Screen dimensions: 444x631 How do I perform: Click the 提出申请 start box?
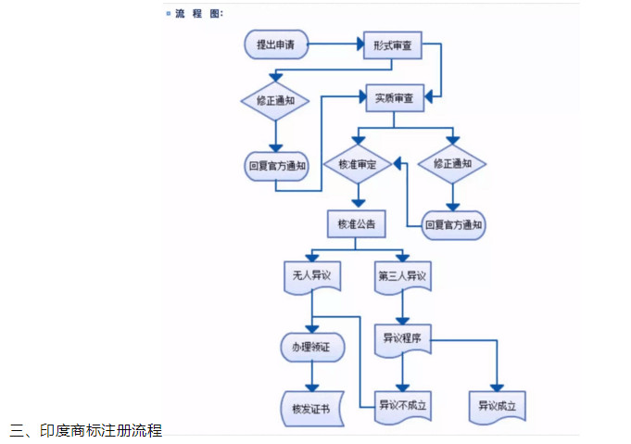click(x=276, y=44)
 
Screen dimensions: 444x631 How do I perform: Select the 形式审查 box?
click(x=392, y=44)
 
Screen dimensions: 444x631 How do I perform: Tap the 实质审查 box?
click(x=394, y=97)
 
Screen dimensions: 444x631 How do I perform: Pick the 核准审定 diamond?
click(x=357, y=164)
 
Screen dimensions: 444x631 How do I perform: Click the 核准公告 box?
click(x=357, y=223)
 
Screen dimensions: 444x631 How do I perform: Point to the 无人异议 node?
click(x=310, y=276)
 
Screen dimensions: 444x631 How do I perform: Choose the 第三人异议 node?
click(x=402, y=276)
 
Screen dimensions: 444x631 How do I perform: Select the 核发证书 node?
click(x=310, y=406)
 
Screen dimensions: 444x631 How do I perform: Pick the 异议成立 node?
click(x=501, y=405)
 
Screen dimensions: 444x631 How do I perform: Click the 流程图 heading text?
click(x=199, y=13)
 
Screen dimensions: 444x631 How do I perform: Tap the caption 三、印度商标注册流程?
click(x=85, y=430)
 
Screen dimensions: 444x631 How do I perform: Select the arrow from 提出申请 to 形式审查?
click(x=334, y=44)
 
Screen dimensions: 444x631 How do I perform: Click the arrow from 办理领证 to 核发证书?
click(x=311, y=375)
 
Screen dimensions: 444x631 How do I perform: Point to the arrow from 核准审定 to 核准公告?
click(x=357, y=197)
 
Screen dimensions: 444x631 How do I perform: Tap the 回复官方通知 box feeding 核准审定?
click(x=453, y=224)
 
